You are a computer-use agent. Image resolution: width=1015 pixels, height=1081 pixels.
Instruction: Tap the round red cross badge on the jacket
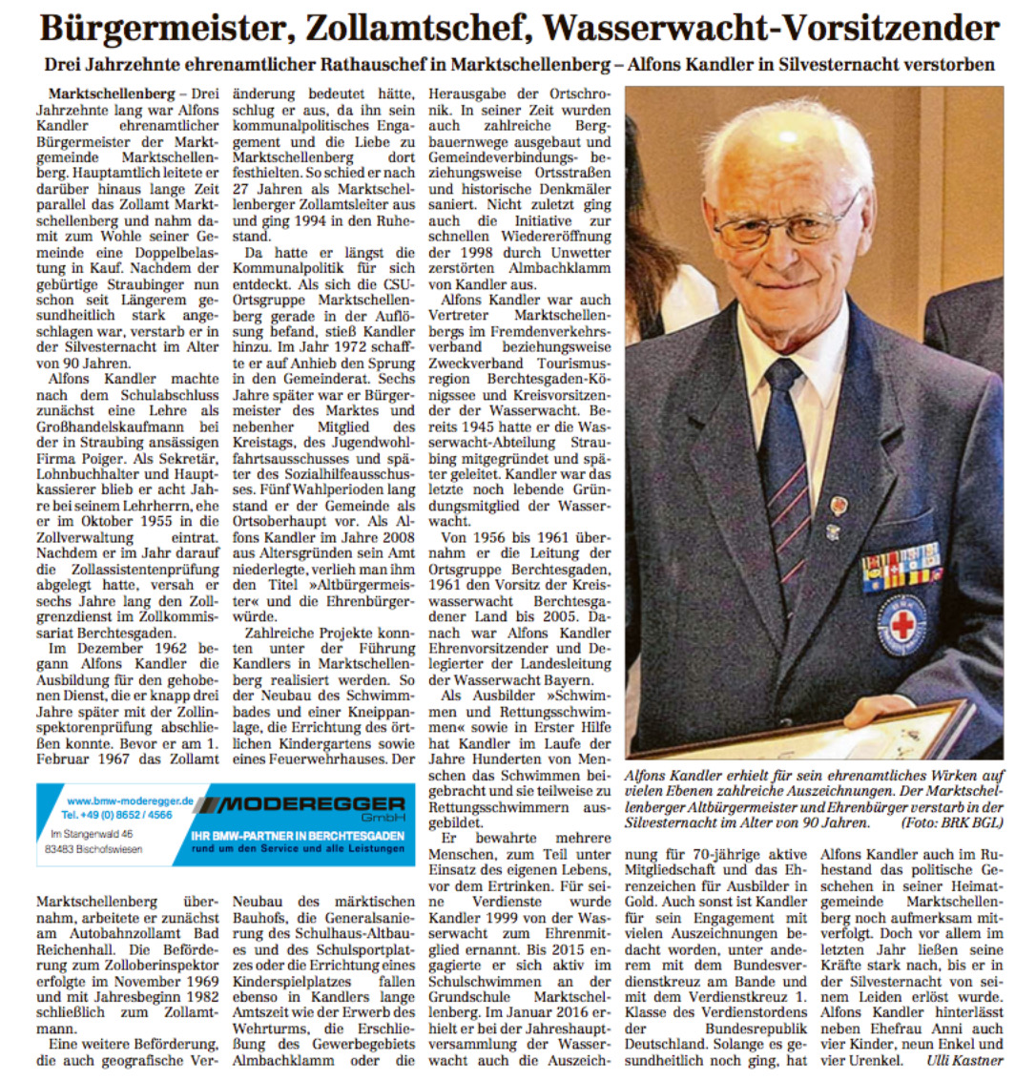pyautogui.click(x=901, y=626)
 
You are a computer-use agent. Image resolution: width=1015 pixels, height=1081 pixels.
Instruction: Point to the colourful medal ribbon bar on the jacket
pyautogui.click(x=901, y=567)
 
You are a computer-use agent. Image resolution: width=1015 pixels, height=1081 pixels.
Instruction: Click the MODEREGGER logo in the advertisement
pyautogui.click(x=303, y=803)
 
